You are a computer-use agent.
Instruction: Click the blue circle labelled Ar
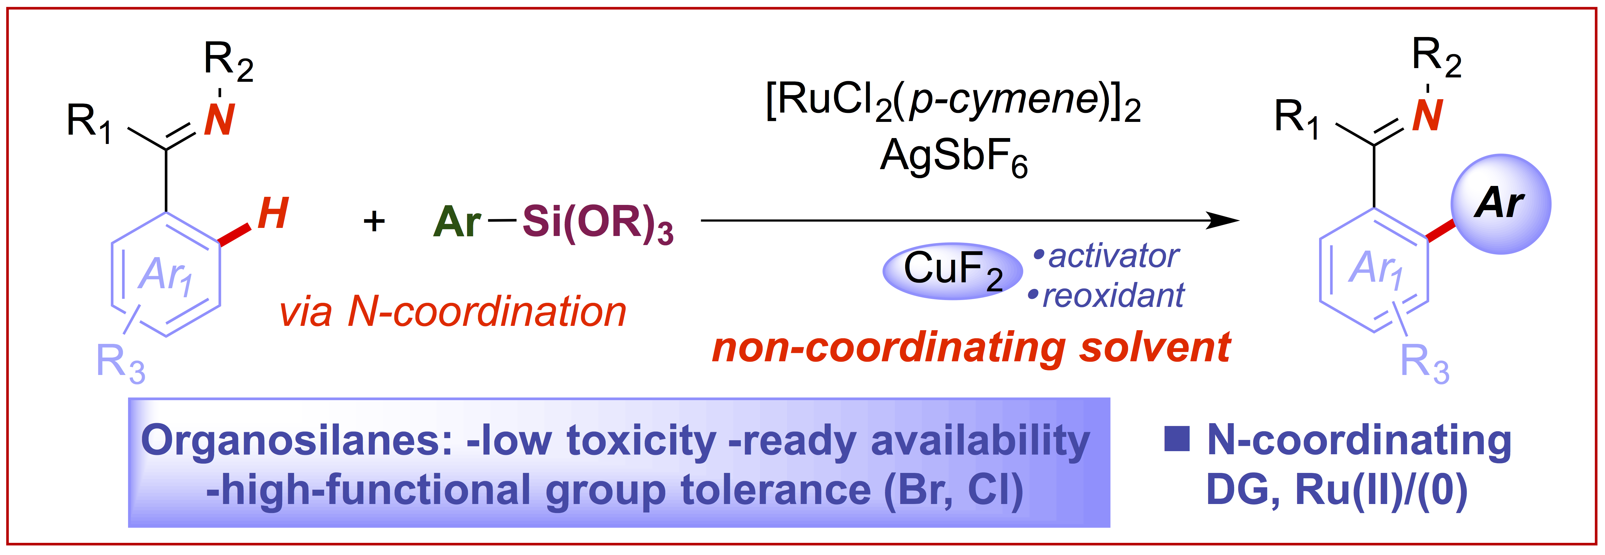[1500, 204]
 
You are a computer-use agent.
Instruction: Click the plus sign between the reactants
[374, 221]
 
